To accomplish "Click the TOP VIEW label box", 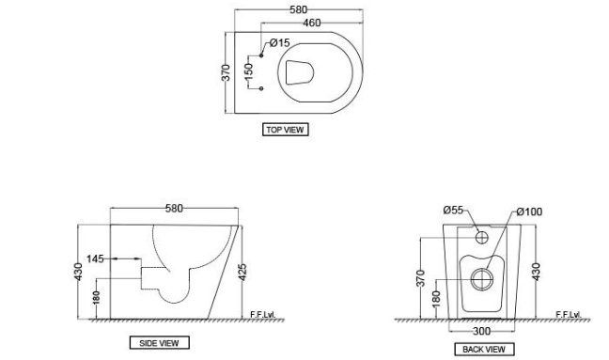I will (x=286, y=130).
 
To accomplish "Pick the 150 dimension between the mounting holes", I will (x=249, y=72).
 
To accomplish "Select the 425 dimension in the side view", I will (x=243, y=273).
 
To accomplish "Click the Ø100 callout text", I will (x=529, y=213).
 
